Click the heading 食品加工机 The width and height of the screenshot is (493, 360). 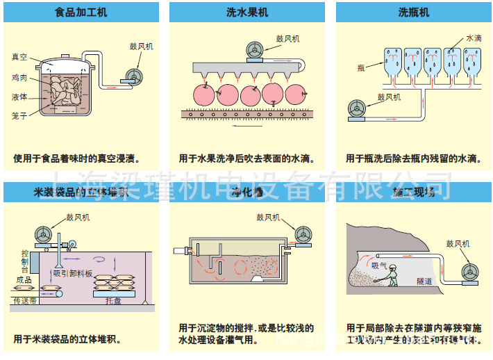[81, 13]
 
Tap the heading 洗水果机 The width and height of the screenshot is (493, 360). [247, 13]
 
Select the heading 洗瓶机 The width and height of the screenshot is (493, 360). [413, 13]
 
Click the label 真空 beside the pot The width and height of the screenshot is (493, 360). [19, 58]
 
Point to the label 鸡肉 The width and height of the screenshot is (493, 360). [19, 78]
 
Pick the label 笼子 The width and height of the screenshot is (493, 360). [19, 116]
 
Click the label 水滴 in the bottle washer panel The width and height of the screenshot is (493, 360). [474, 39]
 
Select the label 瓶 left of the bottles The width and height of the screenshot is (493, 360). [361, 67]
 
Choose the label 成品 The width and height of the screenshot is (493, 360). [23, 280]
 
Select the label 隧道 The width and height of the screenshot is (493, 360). [424, 281]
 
